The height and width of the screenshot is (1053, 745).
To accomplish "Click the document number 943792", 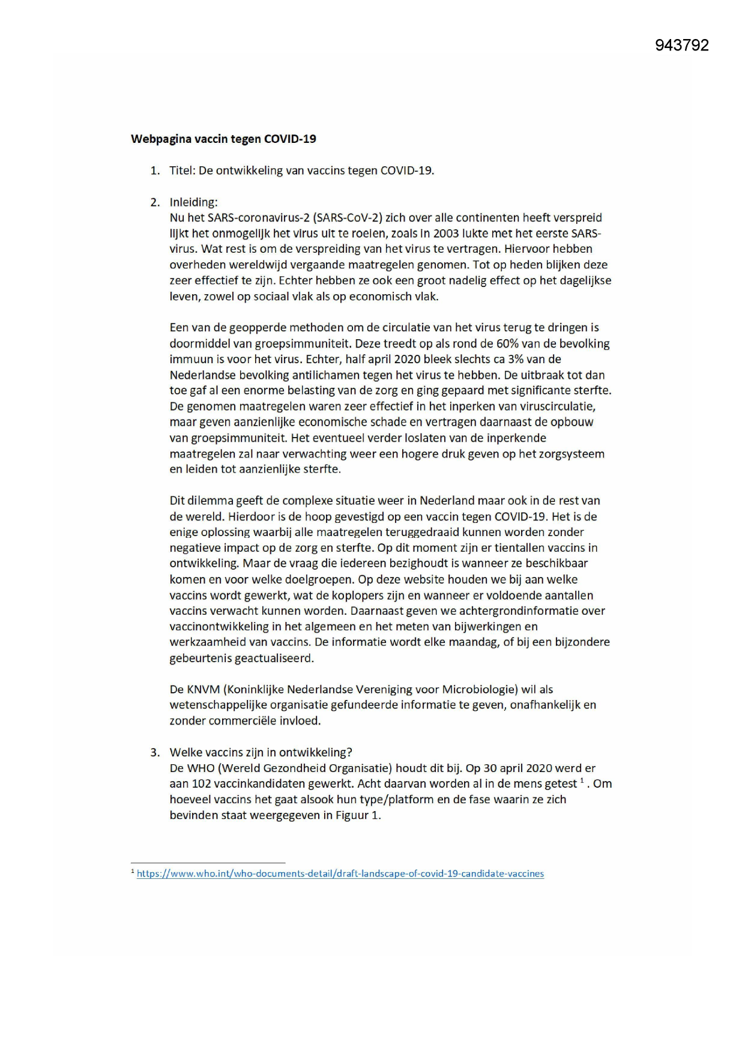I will [681, 46].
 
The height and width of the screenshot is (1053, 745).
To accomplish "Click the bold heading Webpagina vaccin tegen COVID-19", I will [223, 139].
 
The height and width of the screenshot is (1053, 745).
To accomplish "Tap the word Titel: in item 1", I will [182, 170].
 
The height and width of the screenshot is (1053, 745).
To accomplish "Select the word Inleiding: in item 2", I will [193, 202].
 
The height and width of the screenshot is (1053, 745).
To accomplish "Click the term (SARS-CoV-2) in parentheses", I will [347, 218].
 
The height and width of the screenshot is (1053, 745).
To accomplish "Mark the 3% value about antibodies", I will [519, 360].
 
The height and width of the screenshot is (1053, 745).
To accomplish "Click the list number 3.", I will [155, 753].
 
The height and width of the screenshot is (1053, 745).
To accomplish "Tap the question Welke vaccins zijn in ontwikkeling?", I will [261, 753].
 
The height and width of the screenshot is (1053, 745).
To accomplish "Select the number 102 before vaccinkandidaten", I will [201, 784].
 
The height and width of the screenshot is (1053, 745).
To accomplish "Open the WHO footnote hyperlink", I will [340, 874].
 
